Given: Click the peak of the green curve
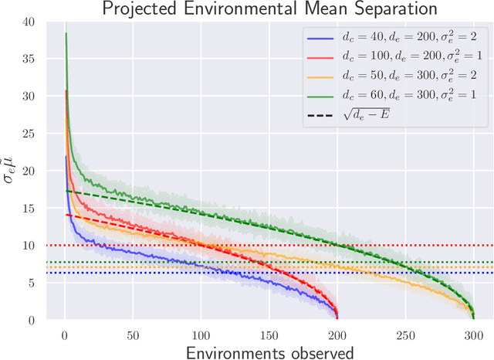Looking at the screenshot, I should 66,33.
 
